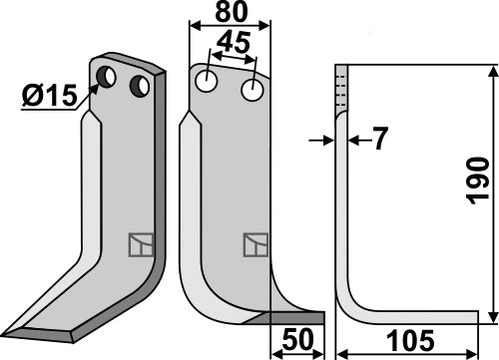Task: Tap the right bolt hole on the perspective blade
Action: (x=142, y=87)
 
